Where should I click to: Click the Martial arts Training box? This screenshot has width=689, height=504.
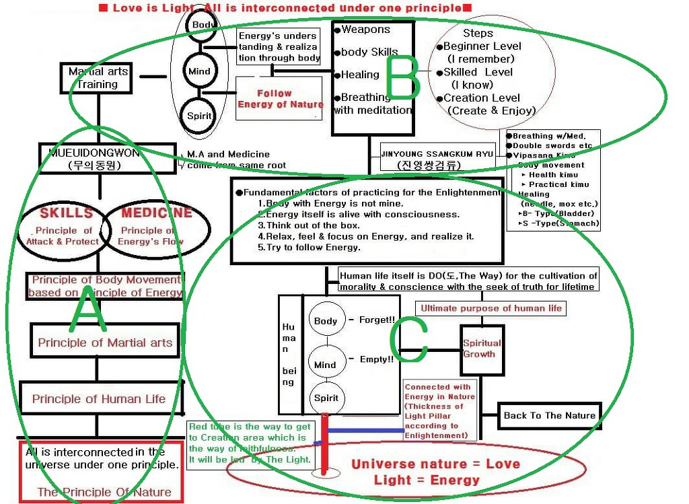[x=98, y=78]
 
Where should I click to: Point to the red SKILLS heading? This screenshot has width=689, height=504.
[x=66, y=213]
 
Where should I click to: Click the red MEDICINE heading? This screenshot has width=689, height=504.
[x=156, y=213]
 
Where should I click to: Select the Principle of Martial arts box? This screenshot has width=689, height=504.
[x=105, y=343]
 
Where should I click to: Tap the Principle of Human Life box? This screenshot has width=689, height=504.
[x=99, y=399]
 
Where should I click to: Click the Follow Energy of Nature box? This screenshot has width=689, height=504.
[x=280, y=98]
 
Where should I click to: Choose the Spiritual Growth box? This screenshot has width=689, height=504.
[x=481, y=349]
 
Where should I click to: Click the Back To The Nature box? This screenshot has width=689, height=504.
[x=549, y=415]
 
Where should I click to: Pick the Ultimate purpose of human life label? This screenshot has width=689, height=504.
[x=491, y=308]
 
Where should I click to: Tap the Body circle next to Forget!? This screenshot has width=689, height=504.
[x=326, y=321]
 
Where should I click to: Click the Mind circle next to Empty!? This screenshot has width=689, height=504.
[x=325, y=365]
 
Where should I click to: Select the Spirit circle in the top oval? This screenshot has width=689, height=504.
[x=199, y=116]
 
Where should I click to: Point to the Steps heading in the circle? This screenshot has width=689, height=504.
[x=478, y=33]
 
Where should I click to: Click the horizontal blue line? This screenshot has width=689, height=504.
[x=366, y=430]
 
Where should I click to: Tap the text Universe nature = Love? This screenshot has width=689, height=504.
[x=435, y=464]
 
